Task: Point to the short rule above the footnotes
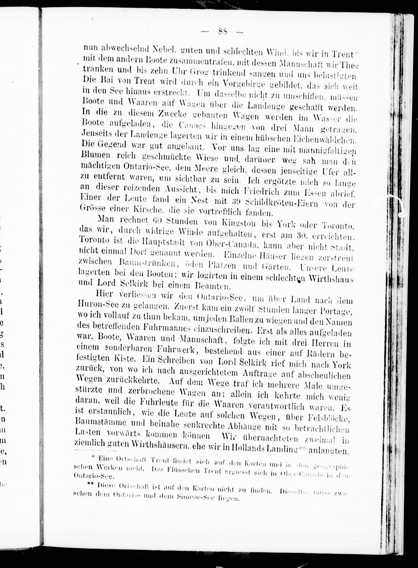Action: click(95, 451)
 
